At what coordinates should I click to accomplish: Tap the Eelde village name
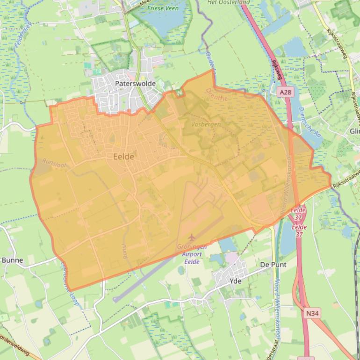click(124, 157)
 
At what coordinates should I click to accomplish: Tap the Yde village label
click(236, 281)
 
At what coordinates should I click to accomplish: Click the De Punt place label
click(273, 265)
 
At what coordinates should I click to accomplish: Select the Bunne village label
click(12, 260)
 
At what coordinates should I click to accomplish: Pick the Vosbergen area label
click(206, 124)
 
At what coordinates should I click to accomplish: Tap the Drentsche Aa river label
click(307, 121)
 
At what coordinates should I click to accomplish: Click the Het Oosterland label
click(229, 2)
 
